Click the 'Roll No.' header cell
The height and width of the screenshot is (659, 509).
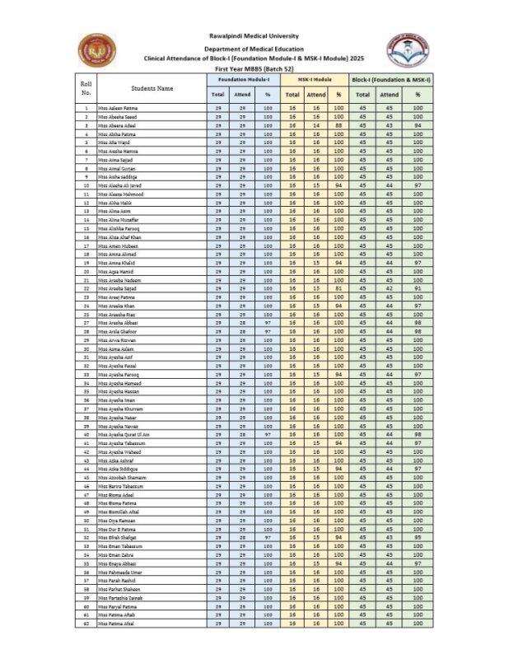tap(86, 88)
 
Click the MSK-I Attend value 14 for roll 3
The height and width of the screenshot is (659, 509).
tap(315, 125)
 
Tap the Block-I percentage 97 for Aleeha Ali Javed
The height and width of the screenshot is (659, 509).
tap(418, 185)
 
